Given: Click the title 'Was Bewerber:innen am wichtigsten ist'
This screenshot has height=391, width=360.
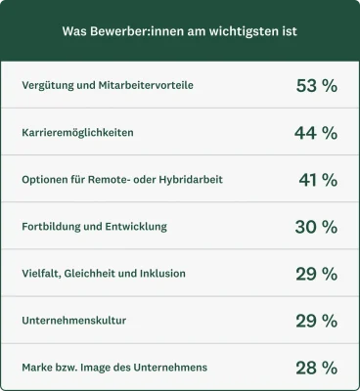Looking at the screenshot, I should tap(180, 31).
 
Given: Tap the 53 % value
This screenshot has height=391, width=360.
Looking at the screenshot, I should tap(316, 86).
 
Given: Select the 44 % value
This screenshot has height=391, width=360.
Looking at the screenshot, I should tap(316, 133).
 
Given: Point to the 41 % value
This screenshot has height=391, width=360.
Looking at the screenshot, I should tap(318, 180).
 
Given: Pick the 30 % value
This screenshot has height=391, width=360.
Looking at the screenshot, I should tap(316, 227).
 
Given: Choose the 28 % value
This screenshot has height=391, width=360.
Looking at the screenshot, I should tap(316, 368).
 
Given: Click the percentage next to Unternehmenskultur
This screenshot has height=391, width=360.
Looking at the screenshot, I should tap(316, 321).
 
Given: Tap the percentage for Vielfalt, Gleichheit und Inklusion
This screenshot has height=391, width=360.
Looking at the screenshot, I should tap(316, 274).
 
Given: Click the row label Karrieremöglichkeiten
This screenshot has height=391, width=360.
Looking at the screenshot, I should tap(78, 133).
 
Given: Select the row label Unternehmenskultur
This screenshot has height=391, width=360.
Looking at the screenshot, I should tap(73, 321).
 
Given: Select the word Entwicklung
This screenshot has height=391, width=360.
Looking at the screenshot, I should tap(137, 227).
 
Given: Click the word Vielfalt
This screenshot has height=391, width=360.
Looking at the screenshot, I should tap(42, 274).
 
